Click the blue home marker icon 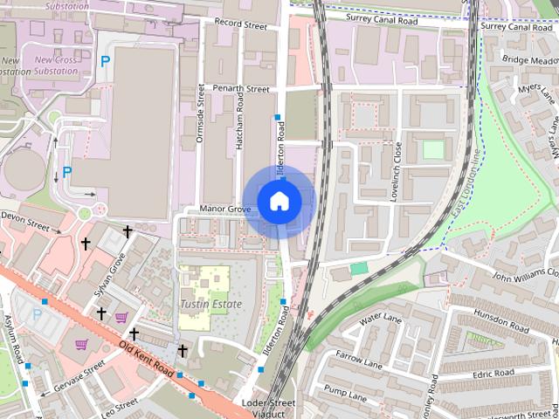[279, 201]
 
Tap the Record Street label [240, 24]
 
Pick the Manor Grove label [225, 209]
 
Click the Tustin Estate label [210, 304]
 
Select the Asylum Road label [13, 340]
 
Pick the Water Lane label [380, 321]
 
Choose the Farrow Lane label [360, 361]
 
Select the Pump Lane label [347, 393]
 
